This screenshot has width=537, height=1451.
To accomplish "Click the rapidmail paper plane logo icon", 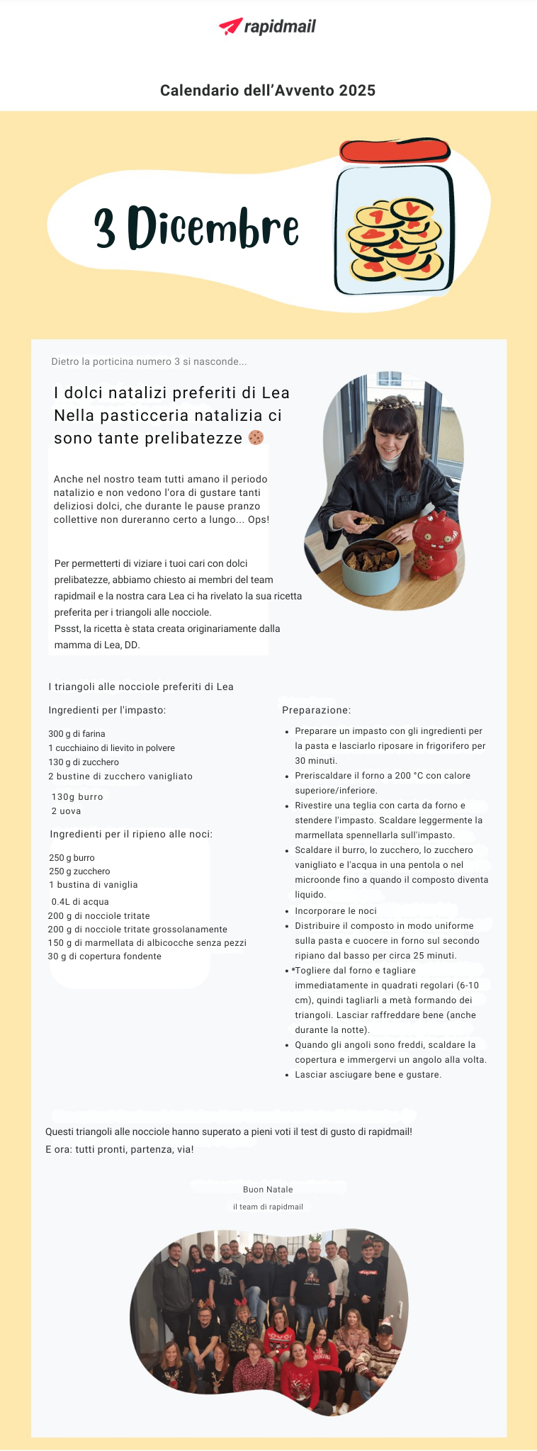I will coord(231,26).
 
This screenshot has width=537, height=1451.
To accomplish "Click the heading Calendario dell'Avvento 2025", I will coord(268,91).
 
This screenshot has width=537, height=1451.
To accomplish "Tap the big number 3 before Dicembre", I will coord(106,228).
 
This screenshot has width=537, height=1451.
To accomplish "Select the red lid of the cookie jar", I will coord(395,151).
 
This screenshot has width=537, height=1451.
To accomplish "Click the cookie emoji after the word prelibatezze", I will coord(256,438).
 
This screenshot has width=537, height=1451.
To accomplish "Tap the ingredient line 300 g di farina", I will coord(77,734).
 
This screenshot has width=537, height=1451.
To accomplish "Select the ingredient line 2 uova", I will coord(66,811).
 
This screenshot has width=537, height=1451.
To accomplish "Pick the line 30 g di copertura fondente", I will coord(104,956).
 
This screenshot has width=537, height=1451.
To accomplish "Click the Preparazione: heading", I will coord(316,710).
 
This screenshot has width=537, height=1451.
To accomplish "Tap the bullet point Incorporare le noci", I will coord(336,911).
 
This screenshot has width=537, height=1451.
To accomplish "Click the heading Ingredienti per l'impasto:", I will coord(107,710).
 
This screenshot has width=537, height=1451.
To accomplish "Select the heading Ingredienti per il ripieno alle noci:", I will coord(131,835).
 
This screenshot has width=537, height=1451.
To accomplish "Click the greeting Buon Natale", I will coord(268,1190).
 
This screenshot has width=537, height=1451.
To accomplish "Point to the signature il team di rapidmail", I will coord(268,1207).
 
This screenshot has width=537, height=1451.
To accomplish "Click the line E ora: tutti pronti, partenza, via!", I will coord(119,1149).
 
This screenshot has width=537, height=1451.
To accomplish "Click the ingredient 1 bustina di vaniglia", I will coord(94,885).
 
